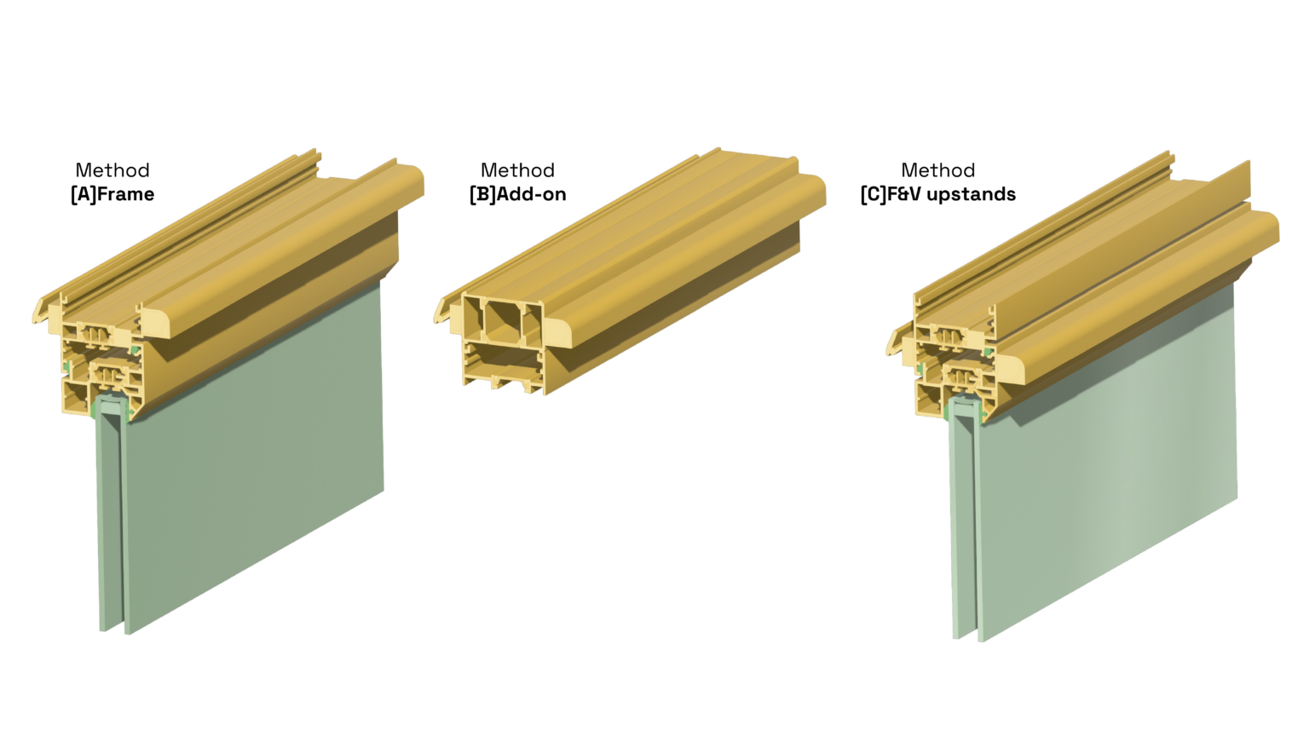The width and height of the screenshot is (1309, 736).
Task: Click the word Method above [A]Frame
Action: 112,170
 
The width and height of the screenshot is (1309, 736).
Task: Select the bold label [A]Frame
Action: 112,194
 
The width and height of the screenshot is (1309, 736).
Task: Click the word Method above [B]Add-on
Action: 517,170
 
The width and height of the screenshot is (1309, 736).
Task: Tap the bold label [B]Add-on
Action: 517,194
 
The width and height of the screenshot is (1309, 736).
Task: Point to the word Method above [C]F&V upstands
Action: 937,170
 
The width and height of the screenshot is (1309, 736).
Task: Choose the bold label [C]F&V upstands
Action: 937,194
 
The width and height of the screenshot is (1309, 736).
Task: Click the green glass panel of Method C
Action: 1108,460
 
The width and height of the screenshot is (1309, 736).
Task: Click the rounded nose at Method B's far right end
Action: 814,192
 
